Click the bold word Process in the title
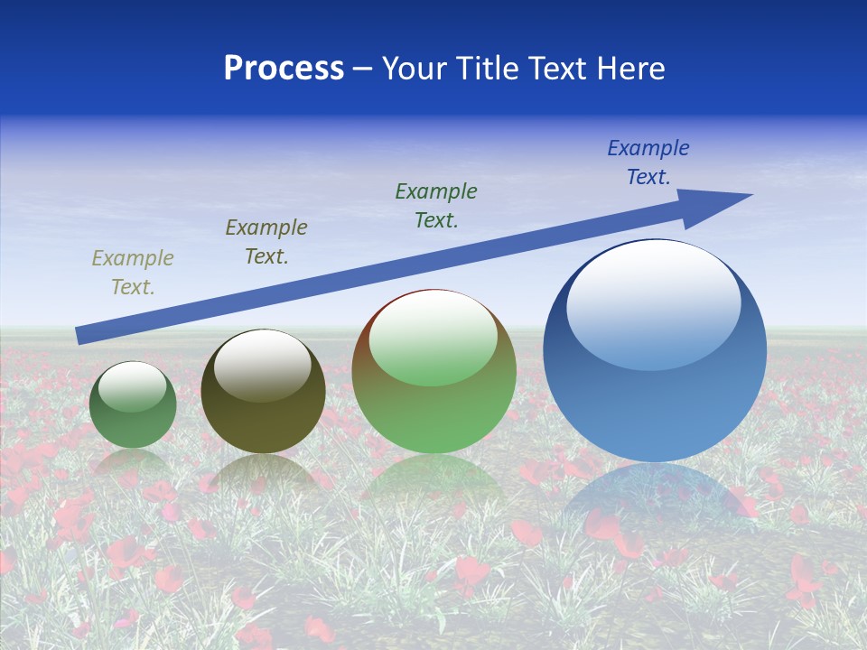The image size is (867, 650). coord(284,69)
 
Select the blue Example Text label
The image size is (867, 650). coord(648,162)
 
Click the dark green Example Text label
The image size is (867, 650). coord(436,206)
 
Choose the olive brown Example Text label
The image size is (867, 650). coord(266,242)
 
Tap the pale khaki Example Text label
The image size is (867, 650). coord(133,273)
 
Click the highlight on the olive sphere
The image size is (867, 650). coord(263,363)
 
